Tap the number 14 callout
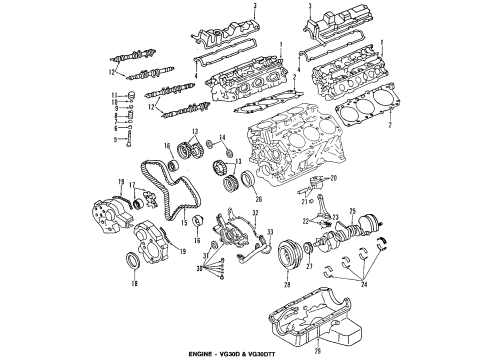click(223, 136)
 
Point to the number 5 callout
click(116, 139)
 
